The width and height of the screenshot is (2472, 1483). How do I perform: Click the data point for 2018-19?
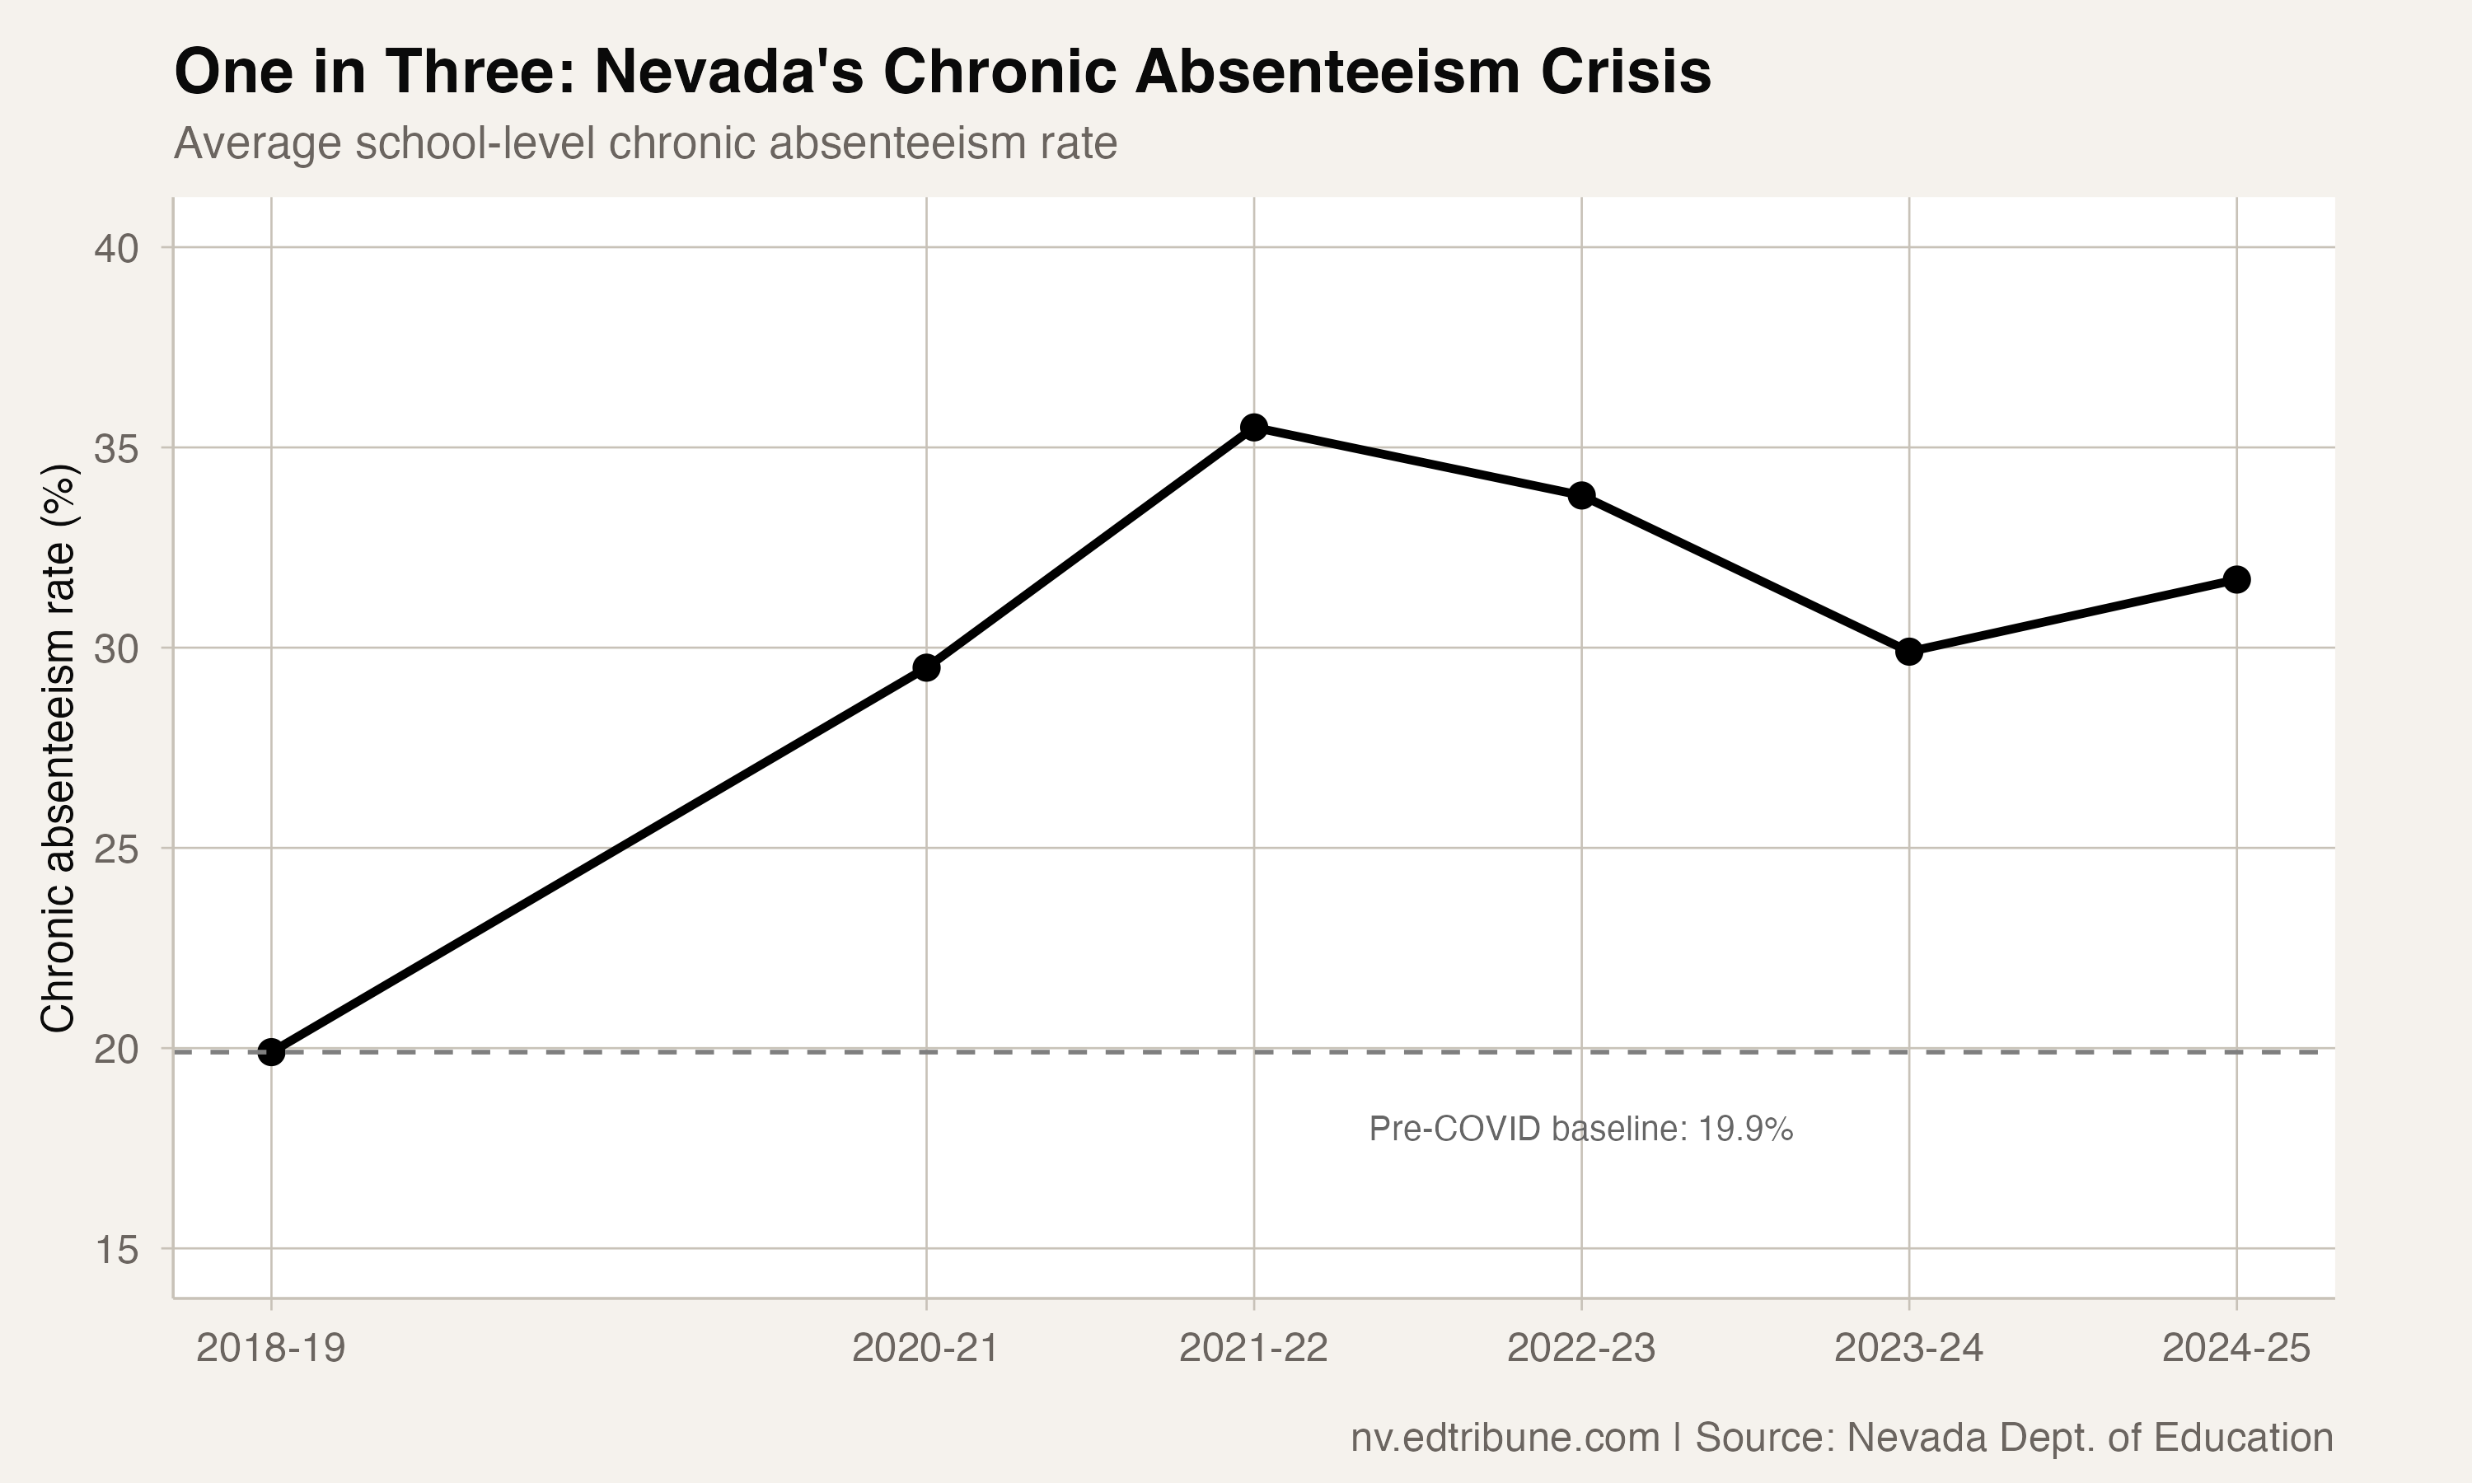coord(271,1052)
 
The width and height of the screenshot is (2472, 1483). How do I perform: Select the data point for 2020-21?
coord(926,667)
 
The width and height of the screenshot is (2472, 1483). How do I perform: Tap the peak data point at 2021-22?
coord(1254,427)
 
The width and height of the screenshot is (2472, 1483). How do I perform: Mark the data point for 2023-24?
coord(1909,652)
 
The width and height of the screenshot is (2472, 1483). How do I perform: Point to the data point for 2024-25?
coord(2236,580)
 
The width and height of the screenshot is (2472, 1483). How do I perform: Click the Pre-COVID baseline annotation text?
coord(1580,1130)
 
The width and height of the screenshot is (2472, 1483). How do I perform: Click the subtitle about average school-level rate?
coord(645,144)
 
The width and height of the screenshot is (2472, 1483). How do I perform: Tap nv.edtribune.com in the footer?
coord(1505,1438)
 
